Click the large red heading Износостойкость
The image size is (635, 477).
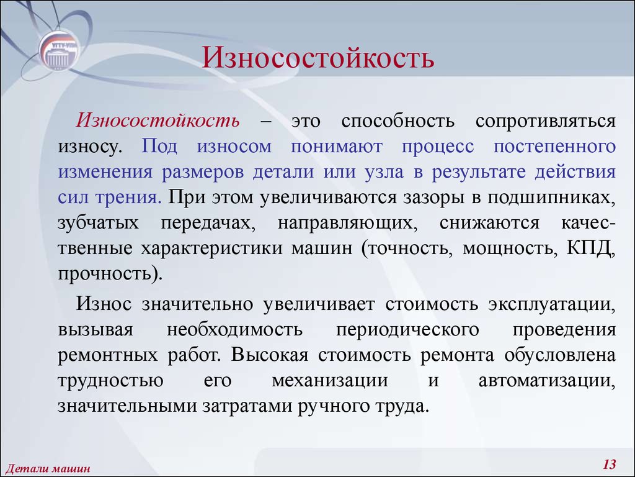pos(318,57)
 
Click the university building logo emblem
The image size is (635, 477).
pos(59,51)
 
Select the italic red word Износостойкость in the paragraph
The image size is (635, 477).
pos(158,121)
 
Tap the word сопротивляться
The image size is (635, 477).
pos(546,122)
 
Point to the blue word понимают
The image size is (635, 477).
pos(337,147)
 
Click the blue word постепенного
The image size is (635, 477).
pos(555,147)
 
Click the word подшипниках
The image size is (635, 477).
pos(551,198)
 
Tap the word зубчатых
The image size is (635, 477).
pos(98,223)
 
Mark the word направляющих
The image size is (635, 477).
pos(347,224)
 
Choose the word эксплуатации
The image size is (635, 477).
pos(552,304)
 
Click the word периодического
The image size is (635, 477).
pos(407,330)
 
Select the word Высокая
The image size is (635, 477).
pos(270,355)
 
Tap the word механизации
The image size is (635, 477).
pos(330,381)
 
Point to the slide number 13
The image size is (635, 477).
pos(609,464)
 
